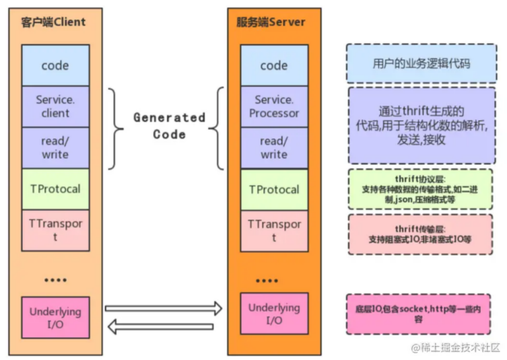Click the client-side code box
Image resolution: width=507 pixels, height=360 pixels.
tap(55, 65)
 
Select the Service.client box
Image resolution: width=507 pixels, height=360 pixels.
tap(55, 106)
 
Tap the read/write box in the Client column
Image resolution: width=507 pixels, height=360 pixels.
tap(55, 148)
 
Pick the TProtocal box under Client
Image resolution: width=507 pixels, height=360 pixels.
tap(55, 189)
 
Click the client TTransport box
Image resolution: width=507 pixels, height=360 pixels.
tap(55, 230)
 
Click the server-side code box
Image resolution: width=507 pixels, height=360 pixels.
tap(273, 65)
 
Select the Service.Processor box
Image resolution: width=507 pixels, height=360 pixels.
tap(273, 106)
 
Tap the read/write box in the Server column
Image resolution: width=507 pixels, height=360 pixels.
tap(273, 148)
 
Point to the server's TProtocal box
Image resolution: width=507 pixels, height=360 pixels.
tap(273, 189)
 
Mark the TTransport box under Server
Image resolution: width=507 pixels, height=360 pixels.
tap(273, 230)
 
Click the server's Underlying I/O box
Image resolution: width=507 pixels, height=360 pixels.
tap(273, 314)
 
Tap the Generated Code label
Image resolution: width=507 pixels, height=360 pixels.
tap(170, 126)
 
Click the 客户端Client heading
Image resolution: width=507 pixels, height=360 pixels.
tap(55, 22)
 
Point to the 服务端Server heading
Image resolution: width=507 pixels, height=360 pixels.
tap(271, 22)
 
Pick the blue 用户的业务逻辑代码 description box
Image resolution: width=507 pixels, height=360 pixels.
tap(421, 64)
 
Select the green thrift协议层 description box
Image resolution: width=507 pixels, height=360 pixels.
tap(419, 189)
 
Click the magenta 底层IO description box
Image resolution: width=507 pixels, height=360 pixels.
tap(418, 314)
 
